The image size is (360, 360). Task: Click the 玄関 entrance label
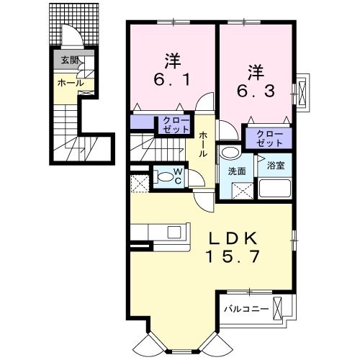[x=69, y=60]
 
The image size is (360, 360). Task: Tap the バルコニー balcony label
[x=246, y=308]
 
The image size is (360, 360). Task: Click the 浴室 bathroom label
[x=275, y=166]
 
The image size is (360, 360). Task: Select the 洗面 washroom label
[x=237, y=172]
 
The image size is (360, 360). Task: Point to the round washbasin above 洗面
[x=231, y=153]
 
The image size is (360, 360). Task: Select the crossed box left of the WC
[x=139, y=181]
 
